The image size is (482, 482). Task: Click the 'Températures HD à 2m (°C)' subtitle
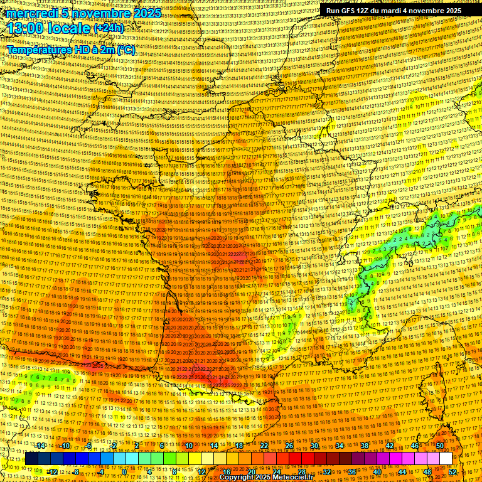tap(70, 49)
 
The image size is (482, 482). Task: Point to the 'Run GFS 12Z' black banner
tap(394, 11)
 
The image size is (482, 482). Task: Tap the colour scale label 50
tap(440, 446)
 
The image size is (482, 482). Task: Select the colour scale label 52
tap(453, 472)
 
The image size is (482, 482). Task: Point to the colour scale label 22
tap(264, 446)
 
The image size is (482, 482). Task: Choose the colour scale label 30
tap(314, 446)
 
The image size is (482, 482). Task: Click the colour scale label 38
tap(365, 446)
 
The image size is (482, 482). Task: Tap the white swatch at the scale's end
tap(446, 459)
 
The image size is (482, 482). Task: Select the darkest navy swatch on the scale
tap(31, 459)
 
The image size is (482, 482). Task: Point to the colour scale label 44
tap(402, 472)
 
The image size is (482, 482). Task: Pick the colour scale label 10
tap(189, 446)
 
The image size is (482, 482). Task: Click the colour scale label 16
tap(227, 472)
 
